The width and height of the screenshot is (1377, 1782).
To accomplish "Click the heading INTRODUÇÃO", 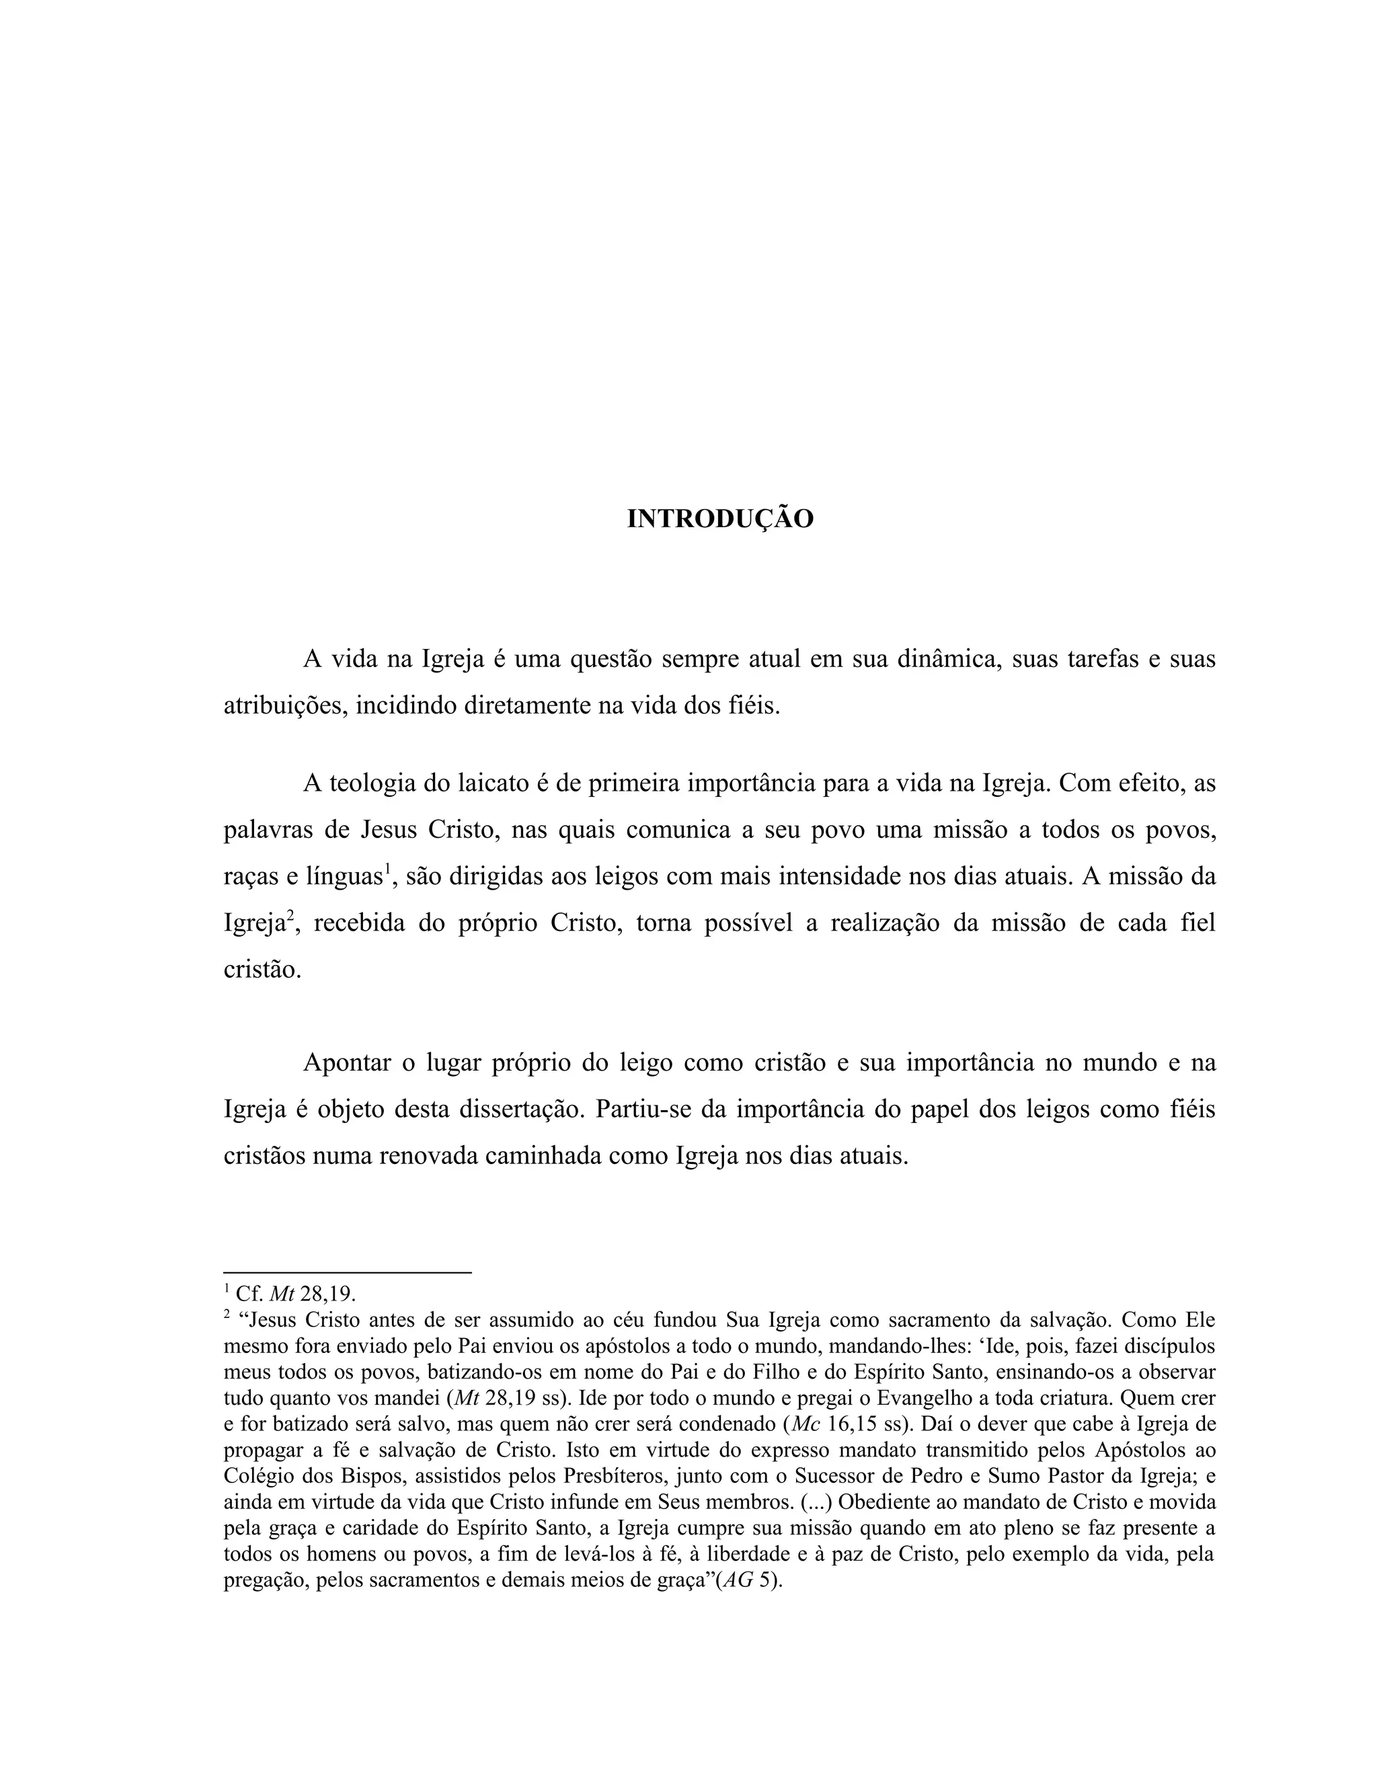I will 719,519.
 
